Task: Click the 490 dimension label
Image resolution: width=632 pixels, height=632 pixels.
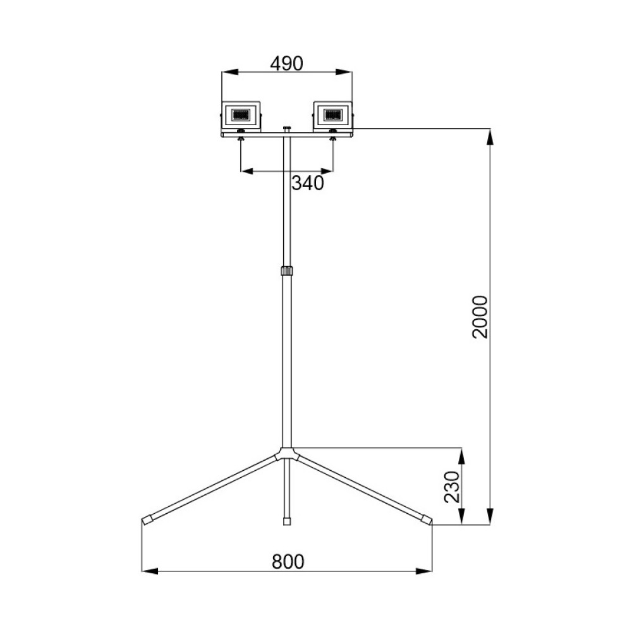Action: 286,63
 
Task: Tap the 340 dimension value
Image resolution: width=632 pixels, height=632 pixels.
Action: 308,183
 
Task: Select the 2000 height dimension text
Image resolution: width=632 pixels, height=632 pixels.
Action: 480,317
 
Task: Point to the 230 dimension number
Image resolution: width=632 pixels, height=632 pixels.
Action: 452,487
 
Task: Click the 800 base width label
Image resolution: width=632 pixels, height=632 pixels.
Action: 288,561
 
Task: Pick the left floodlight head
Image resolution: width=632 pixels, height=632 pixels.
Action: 241,116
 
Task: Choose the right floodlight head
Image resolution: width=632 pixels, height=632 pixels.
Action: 333,116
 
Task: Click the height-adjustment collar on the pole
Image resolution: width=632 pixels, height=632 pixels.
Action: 286,270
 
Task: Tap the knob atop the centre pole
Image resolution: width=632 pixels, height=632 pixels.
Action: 286,128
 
